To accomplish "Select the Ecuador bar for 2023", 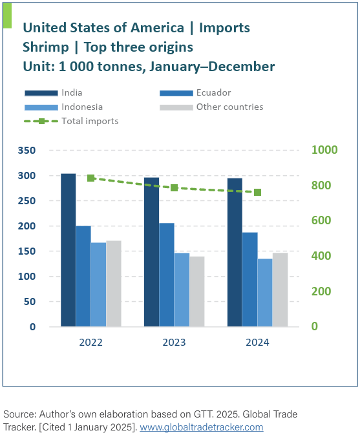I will (x=166, y=275).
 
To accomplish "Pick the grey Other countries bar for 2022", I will (x=114, y=284).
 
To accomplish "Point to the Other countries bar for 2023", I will (x=196, y=292).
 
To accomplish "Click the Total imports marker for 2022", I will (x=91, y=178).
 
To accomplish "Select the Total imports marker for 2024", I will (x=257, y=193).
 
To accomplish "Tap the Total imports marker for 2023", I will (x=174, y=188).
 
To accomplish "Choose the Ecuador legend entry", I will (x=213, y=92).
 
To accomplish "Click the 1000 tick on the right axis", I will (x=325, y=150).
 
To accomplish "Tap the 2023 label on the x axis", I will (x=174, y=343).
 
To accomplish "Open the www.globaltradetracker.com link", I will (x=202, y=427).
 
